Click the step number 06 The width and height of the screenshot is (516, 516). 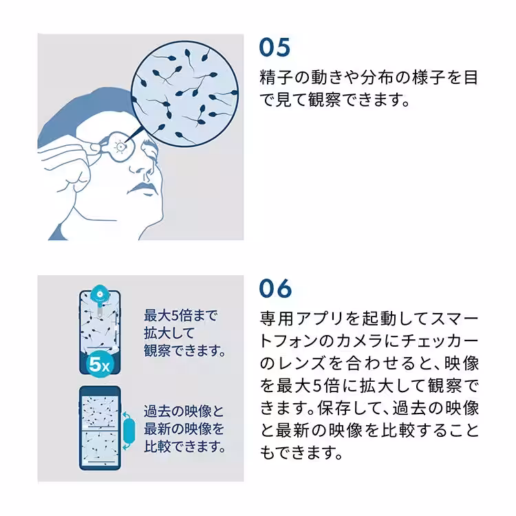276,288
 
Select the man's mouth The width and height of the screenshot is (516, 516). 144,188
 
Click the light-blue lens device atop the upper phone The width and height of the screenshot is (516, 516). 100,294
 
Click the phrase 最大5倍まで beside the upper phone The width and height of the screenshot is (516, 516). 180,316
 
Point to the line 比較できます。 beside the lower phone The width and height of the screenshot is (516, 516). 184,447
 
